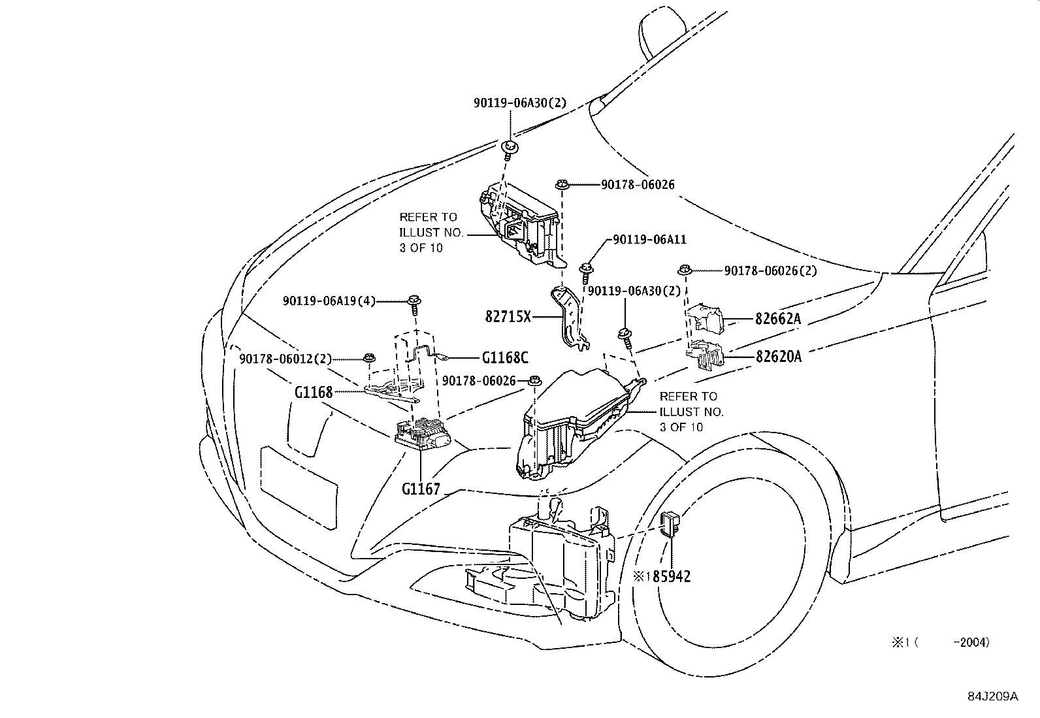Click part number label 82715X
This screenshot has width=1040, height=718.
point(508,316)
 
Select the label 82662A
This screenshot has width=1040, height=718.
point(777,319)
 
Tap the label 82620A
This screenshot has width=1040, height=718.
point(777,356)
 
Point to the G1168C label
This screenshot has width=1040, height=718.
point(505,357)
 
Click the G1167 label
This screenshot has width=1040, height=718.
point(421,488)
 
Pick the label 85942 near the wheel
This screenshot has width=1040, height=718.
point(667,576)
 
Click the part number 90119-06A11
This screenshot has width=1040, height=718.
point(649,240)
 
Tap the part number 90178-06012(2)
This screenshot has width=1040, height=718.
point(285,359)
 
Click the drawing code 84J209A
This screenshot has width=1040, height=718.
point(992,696)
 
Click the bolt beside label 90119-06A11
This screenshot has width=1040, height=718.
point(587,269)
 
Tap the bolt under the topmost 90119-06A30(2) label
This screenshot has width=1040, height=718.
point(510,150)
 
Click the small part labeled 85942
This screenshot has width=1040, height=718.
point(671,523)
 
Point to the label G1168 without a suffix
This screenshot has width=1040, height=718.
point(314,392)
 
